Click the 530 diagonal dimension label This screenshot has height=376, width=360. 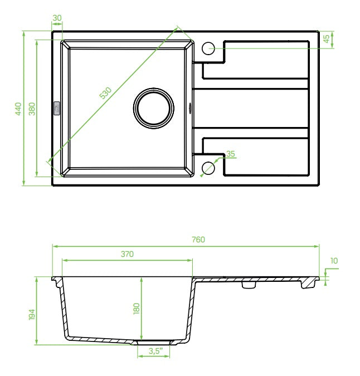pyautogui.click(x=105, y=93)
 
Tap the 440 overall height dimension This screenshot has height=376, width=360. pyautogui.click(x=18, y=109)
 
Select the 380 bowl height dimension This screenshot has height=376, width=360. pyautogui.click(x=32, y=109)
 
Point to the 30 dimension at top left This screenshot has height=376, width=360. pyautogui.click(x=57, y=18)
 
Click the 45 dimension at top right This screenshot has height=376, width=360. pyautogui.click(x=327, y=39)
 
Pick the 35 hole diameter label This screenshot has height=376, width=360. pyautogui.click(x=231, y=154)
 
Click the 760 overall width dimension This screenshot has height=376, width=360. pyautogui.click(x=198, y=240)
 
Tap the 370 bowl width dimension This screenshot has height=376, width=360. pyautogui.click(x=127, y=254)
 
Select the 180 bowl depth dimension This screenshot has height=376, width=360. pyautogui.click(x=136, y=309)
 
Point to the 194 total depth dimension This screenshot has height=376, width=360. pyautogui.click(x=32, y=314)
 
